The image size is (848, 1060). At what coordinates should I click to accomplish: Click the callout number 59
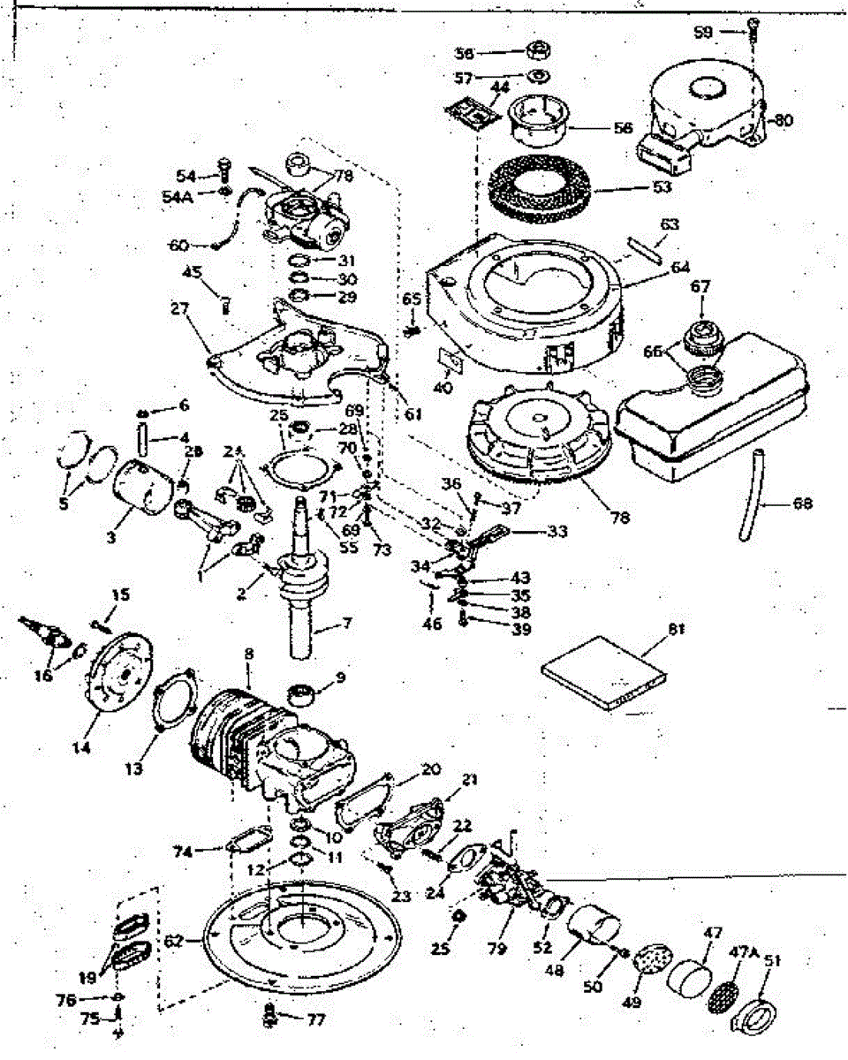(703, 32)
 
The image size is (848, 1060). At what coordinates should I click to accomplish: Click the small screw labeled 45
(224, 303)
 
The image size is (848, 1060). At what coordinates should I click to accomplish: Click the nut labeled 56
(536, 49)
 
